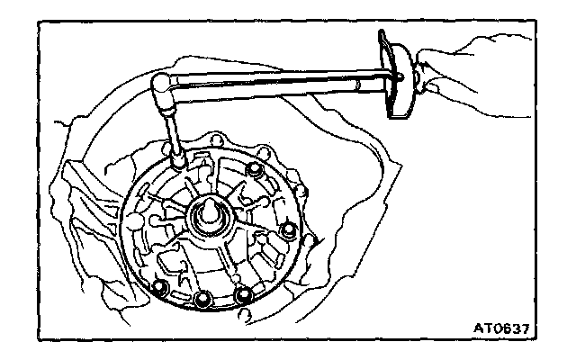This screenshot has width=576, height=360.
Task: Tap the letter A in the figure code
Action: coord(479,327)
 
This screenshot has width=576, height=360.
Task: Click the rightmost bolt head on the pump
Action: coord(288,231)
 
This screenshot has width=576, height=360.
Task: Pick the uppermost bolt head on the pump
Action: coord(256,170)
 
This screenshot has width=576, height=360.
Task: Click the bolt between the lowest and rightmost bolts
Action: coord(242,293)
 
